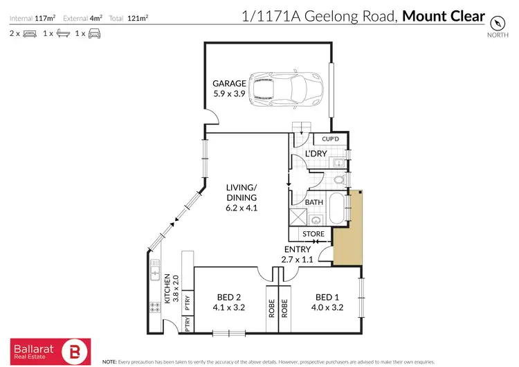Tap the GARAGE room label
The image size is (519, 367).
(228, 84)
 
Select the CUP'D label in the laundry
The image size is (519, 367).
(331, 139)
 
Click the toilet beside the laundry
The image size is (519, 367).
(338, 179)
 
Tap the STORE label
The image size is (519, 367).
(313, 234)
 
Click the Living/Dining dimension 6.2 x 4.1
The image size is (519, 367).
(241, 207)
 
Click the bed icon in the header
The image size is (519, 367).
(29, 33)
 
